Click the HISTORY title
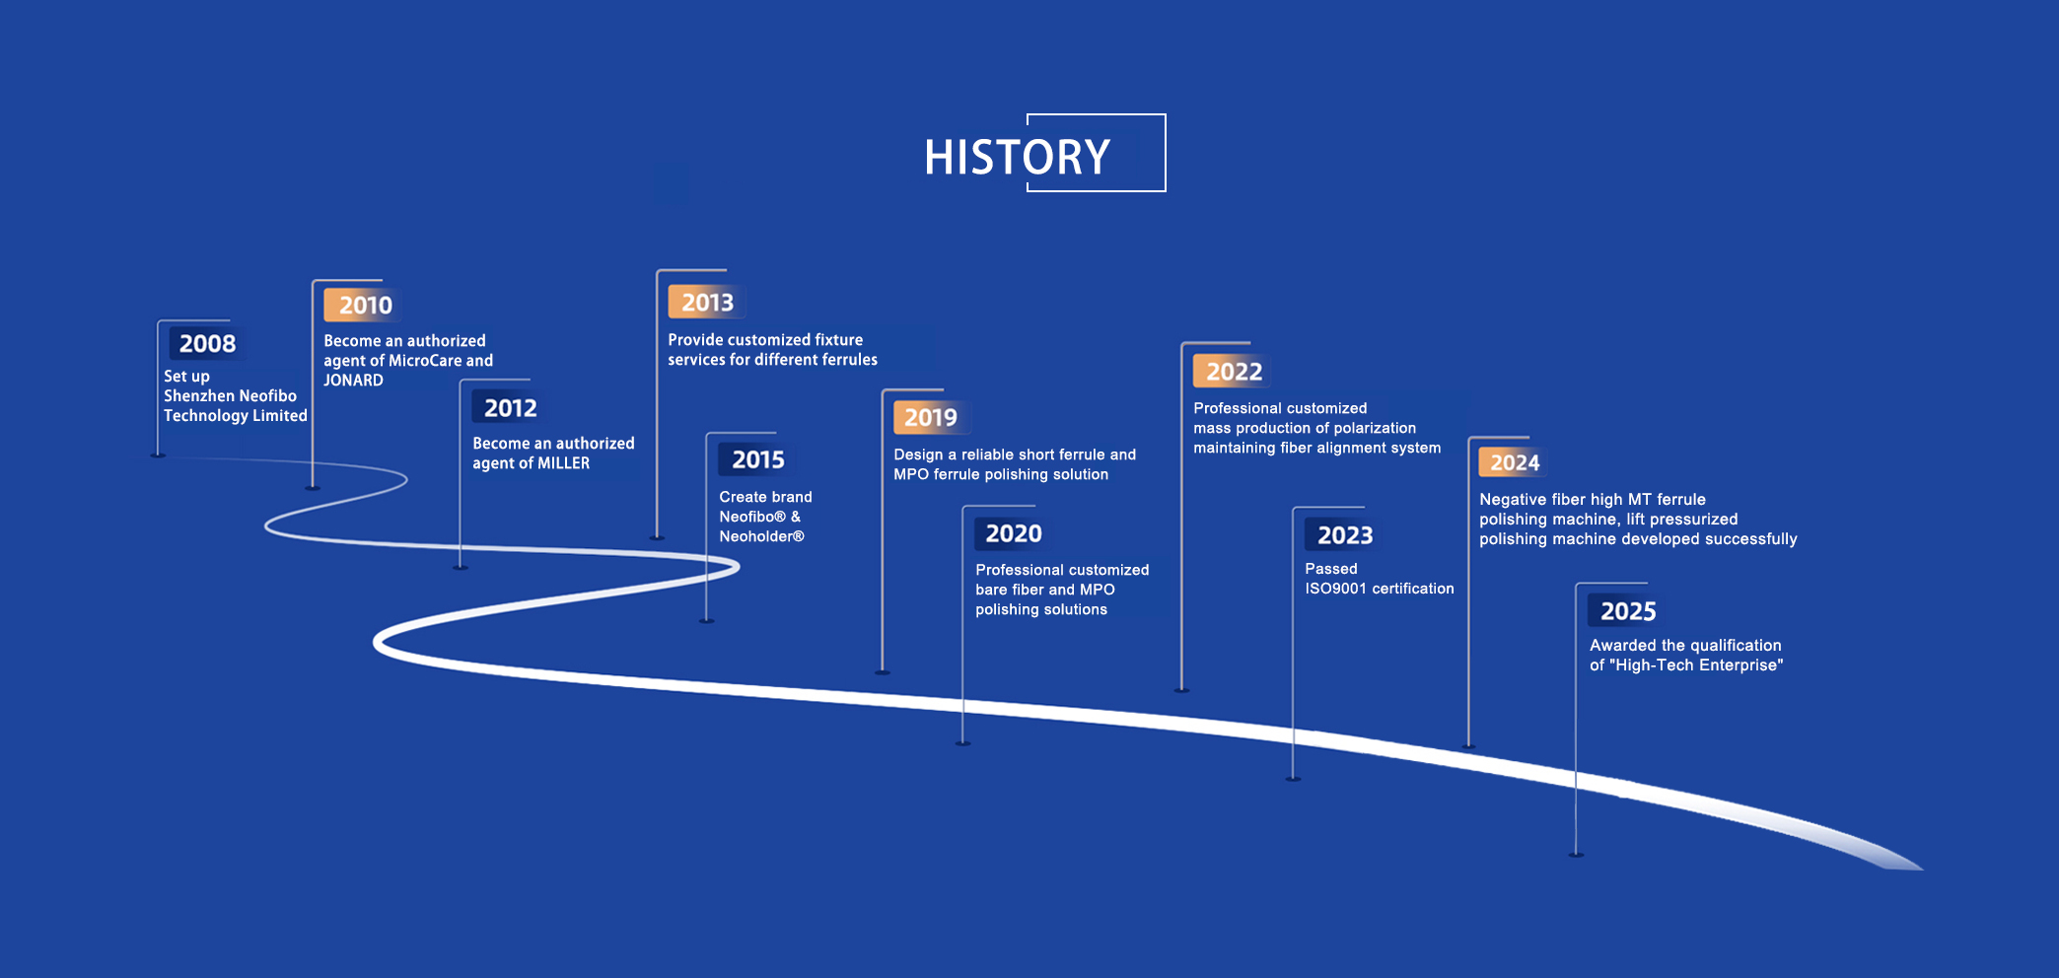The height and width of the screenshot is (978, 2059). [x=1017, y=157]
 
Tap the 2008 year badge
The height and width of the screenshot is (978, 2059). [x=207, y=343]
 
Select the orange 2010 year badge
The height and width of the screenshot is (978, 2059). [x=365, y=305]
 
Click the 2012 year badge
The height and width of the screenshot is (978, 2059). [x=510, y=407]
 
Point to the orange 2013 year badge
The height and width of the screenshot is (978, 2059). [x=707, y=302]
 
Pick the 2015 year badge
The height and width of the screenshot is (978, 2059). [x=757, y=459]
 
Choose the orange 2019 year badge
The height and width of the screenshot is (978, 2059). [x=931, y=417]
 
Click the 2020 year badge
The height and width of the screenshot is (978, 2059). [x=1014, y=533]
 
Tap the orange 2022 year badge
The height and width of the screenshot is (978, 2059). [x=1234, y=372]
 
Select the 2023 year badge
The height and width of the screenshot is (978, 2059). [x=1345, y=535]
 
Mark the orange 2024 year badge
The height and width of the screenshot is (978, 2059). [x=1514, y=462]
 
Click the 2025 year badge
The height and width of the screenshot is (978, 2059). [x=1628, y=611]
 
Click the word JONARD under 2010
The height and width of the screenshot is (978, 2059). [x=353, y=381]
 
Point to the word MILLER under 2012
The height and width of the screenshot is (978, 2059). [x=563, y=463]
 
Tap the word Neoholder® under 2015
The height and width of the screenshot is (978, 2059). [x=761, y=536]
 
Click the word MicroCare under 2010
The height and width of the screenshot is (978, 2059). [x=425, y=361]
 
